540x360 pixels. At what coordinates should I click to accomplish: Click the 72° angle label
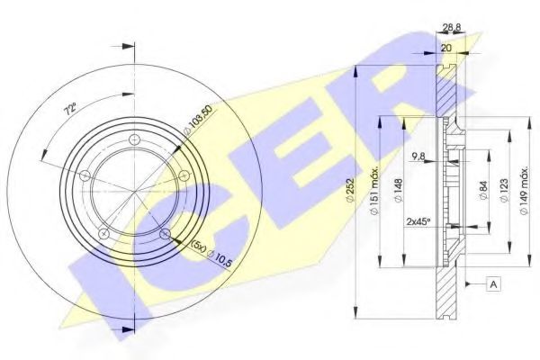(x=70, y=110)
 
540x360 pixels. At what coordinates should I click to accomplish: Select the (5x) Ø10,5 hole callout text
(x=211, y=254)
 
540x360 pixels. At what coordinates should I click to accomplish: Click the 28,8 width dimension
(x=452, y=26)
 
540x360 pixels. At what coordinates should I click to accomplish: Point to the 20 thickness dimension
(x=446, y=48)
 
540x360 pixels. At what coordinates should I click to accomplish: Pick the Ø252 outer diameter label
(x=351, y=191)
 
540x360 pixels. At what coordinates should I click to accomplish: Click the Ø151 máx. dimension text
(x=374, y=191)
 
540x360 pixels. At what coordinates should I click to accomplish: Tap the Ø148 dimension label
(x=398, y=191)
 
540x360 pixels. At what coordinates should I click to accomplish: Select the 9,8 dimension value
(x=419, y=157)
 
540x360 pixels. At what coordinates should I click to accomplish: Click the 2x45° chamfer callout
(x=418, y=222)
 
